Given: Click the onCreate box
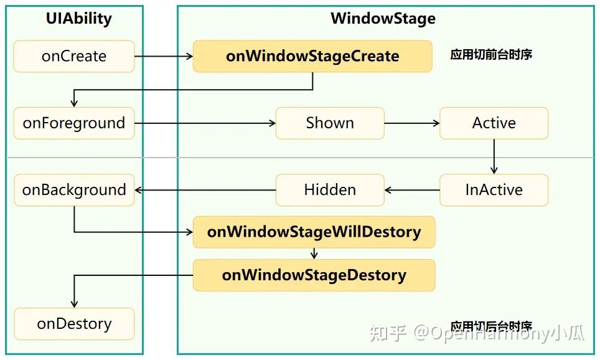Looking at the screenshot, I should coord(74,56).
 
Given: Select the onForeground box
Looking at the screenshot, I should coord(74,123).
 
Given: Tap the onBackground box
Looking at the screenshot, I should coord(74,190).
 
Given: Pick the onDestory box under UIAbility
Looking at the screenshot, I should coord(74,324).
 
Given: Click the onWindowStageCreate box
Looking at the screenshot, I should coord(312,56).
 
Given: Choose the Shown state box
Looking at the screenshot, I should coord(330,123).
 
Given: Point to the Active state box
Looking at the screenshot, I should coord(494,123).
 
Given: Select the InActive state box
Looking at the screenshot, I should coord(494,190).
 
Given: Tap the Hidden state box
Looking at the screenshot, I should coord(330,190).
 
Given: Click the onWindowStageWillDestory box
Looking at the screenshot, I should coord(314,232).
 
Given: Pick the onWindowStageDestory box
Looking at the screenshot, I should coord(314,275).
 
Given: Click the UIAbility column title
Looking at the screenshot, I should coord(79,19).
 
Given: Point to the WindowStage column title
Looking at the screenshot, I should coord(383,19).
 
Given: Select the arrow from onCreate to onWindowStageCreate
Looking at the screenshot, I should coord(164,56).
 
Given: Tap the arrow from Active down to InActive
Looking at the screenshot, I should coord(494,156).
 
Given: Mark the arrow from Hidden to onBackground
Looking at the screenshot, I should coord(205,190).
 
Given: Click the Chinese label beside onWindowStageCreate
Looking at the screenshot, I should coord(491,55).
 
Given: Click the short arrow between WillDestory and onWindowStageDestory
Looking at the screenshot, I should coord(314,253).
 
